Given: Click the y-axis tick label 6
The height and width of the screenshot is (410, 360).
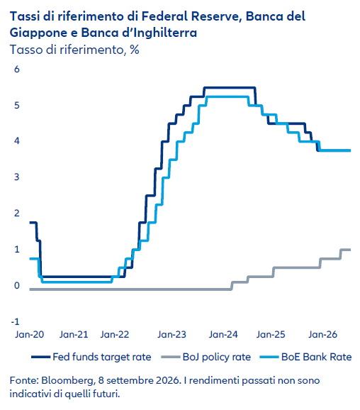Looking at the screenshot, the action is (x=17, y=70).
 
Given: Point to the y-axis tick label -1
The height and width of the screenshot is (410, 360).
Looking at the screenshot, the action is (x=15, y=321).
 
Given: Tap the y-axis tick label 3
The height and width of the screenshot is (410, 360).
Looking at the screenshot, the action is (x=17, y=177).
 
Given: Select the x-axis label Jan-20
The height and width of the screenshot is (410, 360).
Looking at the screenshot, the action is (x=30, y=334).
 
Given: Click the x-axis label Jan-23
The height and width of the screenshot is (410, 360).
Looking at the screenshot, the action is (x=171, y=334).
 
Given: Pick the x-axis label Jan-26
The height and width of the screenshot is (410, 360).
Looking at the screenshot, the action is (x=322, y=334).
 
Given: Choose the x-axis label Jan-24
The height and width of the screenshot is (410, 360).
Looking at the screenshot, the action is (x=223, y=334).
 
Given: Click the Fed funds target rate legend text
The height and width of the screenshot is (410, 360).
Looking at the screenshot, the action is (x=102, y=357).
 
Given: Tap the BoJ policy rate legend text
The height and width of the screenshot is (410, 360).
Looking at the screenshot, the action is (x=217, y=357).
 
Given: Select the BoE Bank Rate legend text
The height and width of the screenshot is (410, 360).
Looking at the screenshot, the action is (x=316, y=357).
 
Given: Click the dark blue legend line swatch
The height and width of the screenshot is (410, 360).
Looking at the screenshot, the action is (x=40, y=357).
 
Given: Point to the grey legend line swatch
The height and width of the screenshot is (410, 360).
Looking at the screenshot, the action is (x=171, y=357).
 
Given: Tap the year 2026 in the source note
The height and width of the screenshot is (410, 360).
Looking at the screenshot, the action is (x=168, y=380).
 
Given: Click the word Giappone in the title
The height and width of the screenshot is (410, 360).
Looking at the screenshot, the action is (x=38, y=33).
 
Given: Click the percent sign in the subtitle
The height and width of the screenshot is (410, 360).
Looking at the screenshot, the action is (x=134, y=50).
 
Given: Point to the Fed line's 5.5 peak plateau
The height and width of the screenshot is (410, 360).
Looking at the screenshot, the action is (x=230, y=87).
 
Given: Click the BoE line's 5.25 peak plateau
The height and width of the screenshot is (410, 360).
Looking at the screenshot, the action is (x=227, y=96).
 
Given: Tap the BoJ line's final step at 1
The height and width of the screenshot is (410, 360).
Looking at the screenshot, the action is (x=346, y=250).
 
